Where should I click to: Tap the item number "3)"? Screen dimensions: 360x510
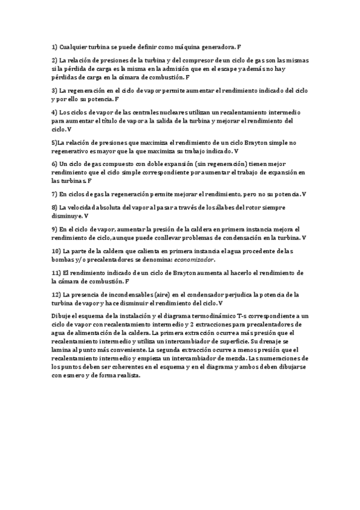click(54, 90)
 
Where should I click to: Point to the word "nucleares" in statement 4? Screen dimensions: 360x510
click(175, 112)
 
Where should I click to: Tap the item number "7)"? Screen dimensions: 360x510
click(54, 194)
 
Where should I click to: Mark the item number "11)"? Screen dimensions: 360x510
click(55, 272)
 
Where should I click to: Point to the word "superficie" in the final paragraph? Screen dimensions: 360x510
click(239, 341)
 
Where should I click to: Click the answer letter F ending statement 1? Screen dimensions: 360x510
click(240, 46)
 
